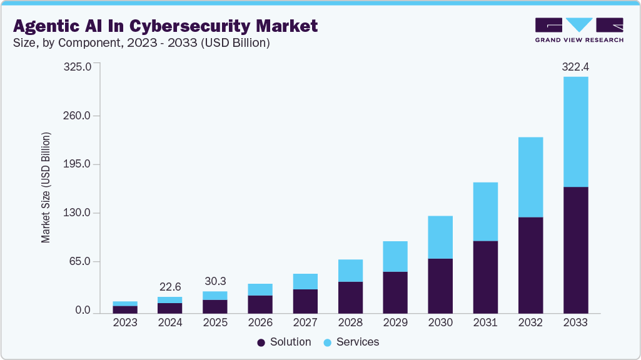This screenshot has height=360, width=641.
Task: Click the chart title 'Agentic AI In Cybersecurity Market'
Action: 165,26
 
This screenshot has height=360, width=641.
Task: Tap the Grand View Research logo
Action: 579,30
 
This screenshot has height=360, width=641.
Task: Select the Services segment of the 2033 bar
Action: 575,131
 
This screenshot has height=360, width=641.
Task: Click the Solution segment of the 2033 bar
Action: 575,249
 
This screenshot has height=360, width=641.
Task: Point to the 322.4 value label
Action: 575,66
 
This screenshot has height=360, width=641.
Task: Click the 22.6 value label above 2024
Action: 170,286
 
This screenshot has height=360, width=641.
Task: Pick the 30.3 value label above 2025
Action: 215,281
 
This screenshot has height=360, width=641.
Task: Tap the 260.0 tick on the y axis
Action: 78,116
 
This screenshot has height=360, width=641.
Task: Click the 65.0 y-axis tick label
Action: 81,261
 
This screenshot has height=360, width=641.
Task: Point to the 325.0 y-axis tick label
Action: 78,66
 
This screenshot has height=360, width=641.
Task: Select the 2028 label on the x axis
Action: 350,322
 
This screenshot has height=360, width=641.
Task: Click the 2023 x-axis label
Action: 125,322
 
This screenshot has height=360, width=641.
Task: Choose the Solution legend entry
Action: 284,342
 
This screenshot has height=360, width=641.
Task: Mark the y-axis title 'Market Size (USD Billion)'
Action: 46,187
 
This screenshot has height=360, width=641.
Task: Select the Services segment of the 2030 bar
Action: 440,237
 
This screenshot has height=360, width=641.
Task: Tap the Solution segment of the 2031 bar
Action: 485,277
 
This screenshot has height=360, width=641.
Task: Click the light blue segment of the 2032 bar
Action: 530,177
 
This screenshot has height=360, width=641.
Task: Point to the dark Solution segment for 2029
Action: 395,292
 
